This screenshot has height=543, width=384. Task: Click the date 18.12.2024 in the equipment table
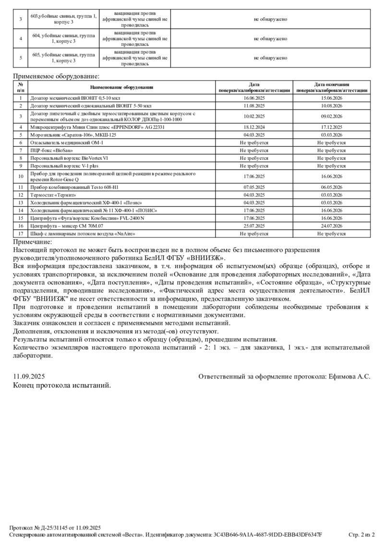tap(254, 127)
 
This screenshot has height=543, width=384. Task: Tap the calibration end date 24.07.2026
tap(331, 226)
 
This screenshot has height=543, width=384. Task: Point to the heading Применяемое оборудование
tap(56, 76)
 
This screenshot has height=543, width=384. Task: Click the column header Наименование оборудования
tap(121, 87)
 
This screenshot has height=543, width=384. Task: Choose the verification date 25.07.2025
tap(254, 226)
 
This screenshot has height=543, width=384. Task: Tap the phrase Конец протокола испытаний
tap(62, 385)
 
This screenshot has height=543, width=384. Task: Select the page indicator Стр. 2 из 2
tap(361, 535)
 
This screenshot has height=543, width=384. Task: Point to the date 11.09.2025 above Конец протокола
tap(29, 377)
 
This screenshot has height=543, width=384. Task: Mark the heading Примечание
tap(32, 242)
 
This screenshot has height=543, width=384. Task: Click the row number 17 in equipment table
tap(21, 234)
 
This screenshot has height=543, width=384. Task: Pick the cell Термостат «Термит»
tap(53, 195)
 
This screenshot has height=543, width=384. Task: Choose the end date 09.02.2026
tap(331, 116)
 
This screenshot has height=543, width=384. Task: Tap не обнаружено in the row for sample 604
tap(270, 39)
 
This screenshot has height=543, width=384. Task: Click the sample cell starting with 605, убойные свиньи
tap(63, 58)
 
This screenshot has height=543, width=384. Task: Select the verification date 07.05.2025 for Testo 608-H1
tap(254, 187)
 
